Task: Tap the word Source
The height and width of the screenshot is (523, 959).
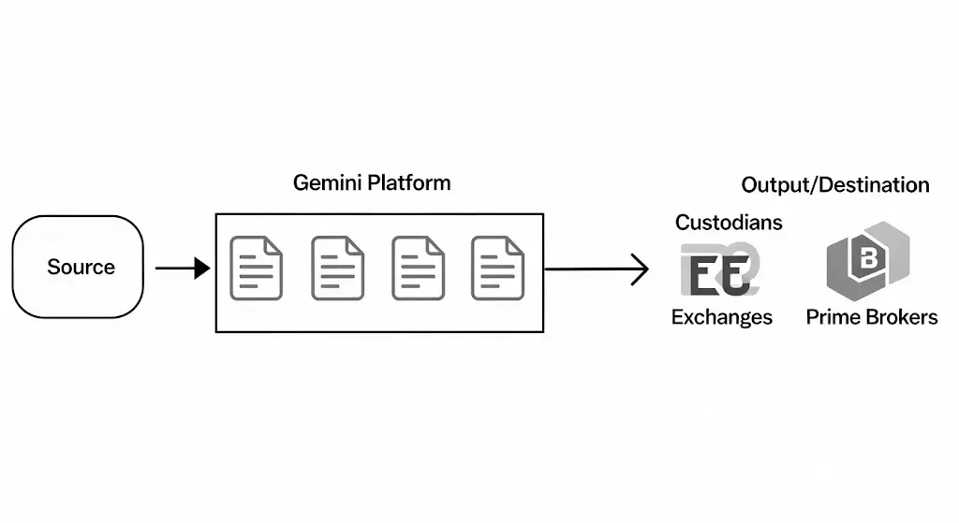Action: pos(81,267)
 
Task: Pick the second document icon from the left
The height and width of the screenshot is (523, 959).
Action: pos(337,269)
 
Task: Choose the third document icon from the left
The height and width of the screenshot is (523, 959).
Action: pos(418,269)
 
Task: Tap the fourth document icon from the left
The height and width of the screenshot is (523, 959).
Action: pos(497,269)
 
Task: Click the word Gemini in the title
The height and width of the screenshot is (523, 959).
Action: pos(327,182)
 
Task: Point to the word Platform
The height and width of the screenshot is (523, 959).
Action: pos(408,182)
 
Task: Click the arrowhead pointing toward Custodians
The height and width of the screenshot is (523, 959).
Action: pos(640,269)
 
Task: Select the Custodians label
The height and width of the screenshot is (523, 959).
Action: pos(729,223)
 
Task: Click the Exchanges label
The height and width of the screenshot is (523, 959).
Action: pos(721,317)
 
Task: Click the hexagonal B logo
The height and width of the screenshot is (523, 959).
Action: pos(866,261)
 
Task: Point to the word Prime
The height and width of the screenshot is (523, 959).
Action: pos(832,317)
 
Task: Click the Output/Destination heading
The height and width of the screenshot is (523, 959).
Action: pos(835,185)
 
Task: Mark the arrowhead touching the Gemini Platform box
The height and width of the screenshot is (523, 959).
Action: pos(202,269)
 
